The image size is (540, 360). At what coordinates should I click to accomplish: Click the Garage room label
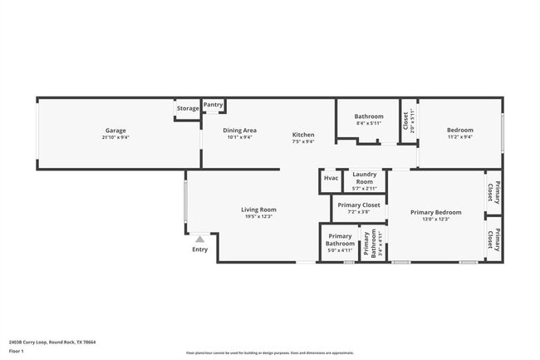pyautogui.click(x=116, y=131)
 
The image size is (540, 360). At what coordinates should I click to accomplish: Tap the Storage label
pyautogui.click(x=188, y=108)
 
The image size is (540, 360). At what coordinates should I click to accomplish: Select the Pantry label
pyautogui.click(x=214, y=105)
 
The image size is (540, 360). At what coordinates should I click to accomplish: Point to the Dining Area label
pyautogui.click(x=239, y=131)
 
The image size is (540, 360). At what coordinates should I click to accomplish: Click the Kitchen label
pyautogui.click(x=302, y=135)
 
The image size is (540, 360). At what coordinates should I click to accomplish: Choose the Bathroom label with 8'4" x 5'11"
pyautogui.click(x=369, y=116)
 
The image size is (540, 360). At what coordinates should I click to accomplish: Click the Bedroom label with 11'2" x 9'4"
pyautogui.click(x=459, y=131)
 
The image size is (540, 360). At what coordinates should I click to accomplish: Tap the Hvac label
pyautogui.click(x=331, y=178)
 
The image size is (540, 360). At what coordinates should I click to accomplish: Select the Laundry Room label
pyautogui.click(x=364, y=177)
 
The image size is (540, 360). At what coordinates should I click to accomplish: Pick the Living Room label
pyautogui.click(x=258, y=210)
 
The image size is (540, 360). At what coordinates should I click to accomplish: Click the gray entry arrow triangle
pyautogui.click(x=199, y=239)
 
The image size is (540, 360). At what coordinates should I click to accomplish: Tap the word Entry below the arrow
pyautogui.click(x=199, y=249)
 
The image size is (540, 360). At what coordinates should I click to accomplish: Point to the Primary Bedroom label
pyautogui.click(x=435, y=212)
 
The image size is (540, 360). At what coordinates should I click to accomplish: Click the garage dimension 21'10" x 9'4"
pyautogui.click(x=116, y=137)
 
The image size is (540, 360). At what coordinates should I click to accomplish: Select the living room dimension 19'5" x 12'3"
pyautogui.click(x=258, y=217)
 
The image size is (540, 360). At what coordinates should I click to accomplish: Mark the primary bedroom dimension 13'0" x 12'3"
pyautogui.click(x=435, y=219)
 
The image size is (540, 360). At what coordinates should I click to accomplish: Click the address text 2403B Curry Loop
pyautogui.click(x=52, y=342)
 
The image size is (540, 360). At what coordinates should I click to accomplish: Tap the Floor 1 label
pyautogui.click(x=17, y=352)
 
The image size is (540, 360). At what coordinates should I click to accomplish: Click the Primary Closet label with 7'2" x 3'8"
pyautogui.click(x=359, y=205)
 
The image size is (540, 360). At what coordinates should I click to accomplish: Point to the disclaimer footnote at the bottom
pyautogui.click(x=269, y=353)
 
